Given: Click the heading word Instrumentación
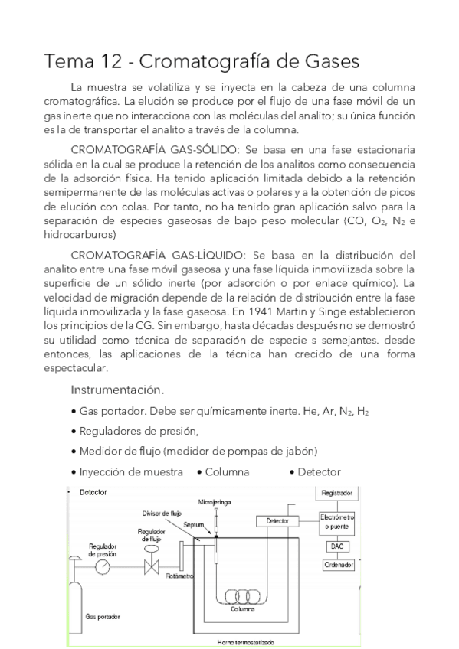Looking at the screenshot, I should [119, 390].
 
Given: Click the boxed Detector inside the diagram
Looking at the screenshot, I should [277, 521].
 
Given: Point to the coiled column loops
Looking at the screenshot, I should [243, 595].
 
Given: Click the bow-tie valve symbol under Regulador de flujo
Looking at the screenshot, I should [151, 568].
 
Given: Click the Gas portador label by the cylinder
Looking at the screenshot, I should [104, 616].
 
